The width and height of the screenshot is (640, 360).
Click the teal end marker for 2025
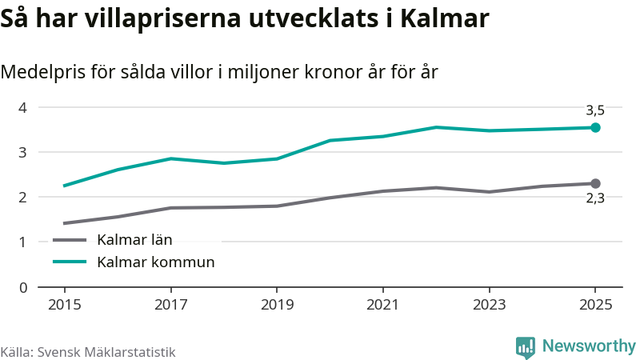(x=595, y=127)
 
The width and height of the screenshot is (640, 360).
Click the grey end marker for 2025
(x=595, y=184)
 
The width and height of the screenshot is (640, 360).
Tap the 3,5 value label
(x=594, y=110)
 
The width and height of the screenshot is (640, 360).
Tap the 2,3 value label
(x=594, y=199)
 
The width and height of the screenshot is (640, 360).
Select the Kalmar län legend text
(x=134, y=239)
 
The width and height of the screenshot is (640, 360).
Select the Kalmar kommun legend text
(x=155, y=262)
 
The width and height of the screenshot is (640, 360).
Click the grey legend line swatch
(x=69, y=239)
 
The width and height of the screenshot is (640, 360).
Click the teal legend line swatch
(x=69, y=262)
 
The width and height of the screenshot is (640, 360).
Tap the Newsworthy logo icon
(x=525, y=346)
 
